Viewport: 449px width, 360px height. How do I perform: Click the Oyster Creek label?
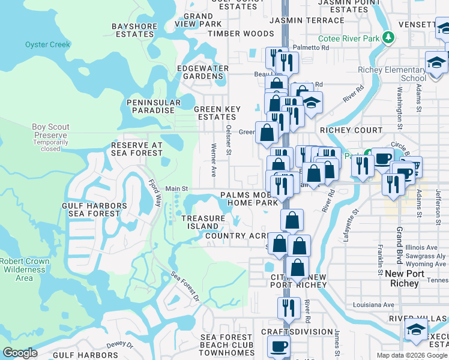[x=47, y=44]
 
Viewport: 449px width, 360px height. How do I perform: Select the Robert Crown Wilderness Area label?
[x=24, y=269]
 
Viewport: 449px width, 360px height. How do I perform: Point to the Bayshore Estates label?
[x=133, y=30]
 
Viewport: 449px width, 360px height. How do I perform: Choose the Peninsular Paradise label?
[x=154, y=106]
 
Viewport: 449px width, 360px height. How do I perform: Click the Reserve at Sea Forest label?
[x=137, y=149]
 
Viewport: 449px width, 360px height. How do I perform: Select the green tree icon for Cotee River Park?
[x=389, y=38]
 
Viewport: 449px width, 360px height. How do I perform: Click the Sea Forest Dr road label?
[x=185, y=286]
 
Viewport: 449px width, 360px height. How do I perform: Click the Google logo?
[x=19, y=353]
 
